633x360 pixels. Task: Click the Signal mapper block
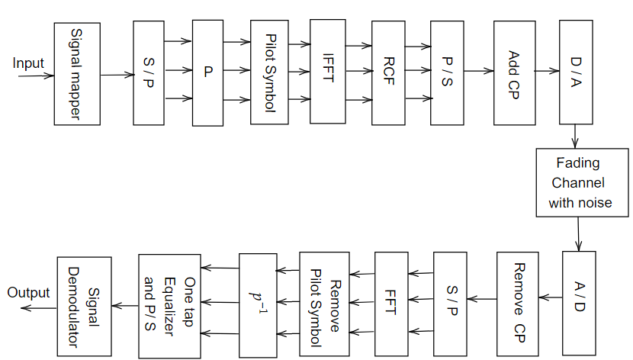pos(77,74)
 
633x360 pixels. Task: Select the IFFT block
pos(327,72)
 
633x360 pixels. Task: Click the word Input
pos(28,63)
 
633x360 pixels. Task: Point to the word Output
pos(28,293)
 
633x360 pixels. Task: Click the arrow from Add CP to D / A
pos(548,72)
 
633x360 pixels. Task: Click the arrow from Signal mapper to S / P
pos(117,75)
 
